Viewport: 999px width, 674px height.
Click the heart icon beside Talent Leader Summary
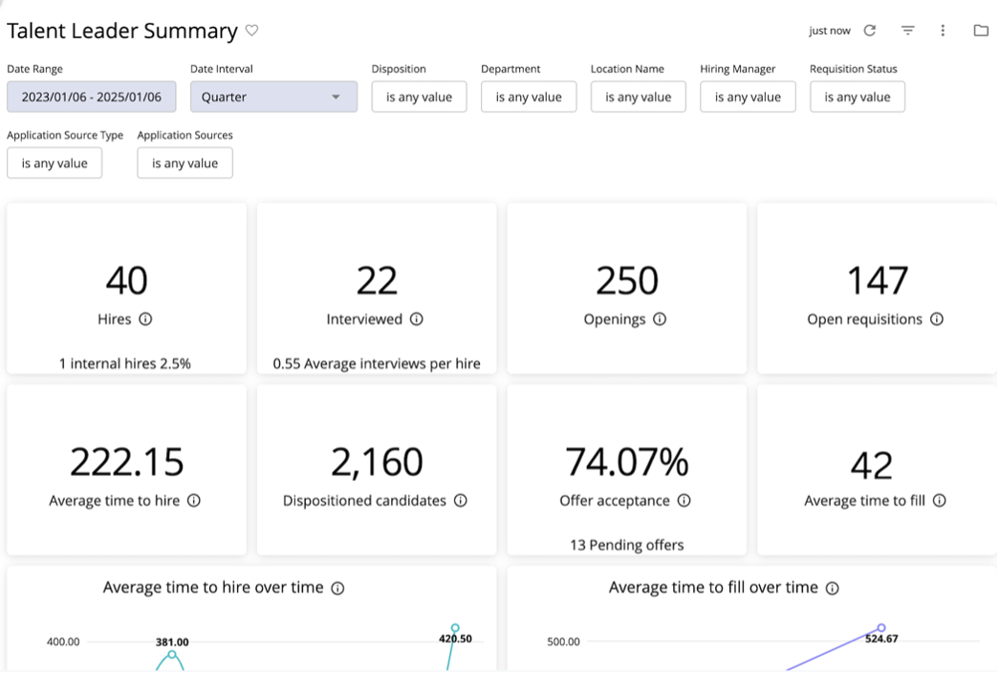click(x=251, y=31)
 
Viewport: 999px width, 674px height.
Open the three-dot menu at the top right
click(x=943, y=31)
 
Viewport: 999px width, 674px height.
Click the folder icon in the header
click(x=980, y=31)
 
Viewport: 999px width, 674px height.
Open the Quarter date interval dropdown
click(x=273, y=97)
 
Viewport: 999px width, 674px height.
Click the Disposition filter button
click(x=419, y=97)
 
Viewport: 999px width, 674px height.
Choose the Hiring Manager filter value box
click(x=748, y=97)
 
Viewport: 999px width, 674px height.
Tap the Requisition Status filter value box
click(x=857, y=97)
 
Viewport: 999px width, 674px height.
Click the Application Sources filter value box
click(x=185, y=163)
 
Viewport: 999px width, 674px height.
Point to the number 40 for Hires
click(x=126, y=281)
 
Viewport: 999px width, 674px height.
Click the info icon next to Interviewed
click(x=416, y=319)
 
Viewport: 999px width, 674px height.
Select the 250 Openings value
click(x=626, y=281)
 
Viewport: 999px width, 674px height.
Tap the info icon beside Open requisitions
click(x=937, y=319)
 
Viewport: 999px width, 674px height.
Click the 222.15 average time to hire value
click(x=126, y=462)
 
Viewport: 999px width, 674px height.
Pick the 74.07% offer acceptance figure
click(x=626, y=462)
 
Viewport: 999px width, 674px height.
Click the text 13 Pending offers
click(x=626, y=545)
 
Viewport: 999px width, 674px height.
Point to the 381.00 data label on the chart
click(x=172, y=642)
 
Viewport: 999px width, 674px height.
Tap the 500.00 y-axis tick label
click(x=563, y=641)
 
